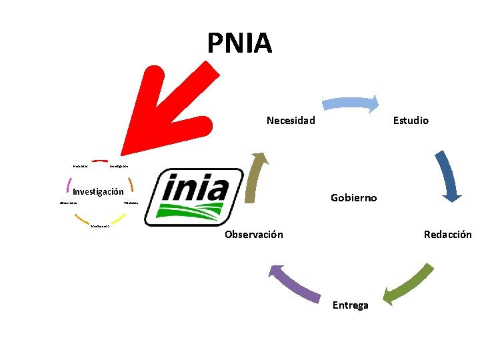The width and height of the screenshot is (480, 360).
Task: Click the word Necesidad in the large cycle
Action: coord(291,121)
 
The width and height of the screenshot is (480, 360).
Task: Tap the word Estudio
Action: coord(411,121)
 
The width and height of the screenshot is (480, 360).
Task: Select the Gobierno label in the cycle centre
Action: coord(354,198)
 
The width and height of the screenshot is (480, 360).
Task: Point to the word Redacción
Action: coord(447,235)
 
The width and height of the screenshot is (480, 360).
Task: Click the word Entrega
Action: coord(350,305)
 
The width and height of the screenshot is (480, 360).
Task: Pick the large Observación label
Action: coord(253,235)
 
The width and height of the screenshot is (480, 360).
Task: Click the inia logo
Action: coord(195,197)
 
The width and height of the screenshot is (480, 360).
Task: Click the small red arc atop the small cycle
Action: coord(100,161)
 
